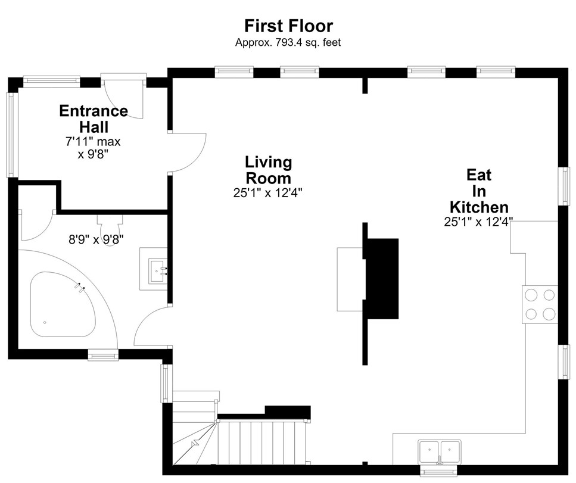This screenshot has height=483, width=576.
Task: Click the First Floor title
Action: coord(289,26)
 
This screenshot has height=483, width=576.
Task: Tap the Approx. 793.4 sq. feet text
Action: coord(288,43)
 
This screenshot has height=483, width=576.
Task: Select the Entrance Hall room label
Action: coord(94,119)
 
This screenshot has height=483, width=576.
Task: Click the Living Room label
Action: coord(268,170)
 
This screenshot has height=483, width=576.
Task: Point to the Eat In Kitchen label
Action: coord(479,191)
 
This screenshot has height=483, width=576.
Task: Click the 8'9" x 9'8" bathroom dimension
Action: coord(96,239)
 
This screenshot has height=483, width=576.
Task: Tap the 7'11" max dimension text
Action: coord(93,141)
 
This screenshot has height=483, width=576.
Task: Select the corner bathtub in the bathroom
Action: coord(64,304)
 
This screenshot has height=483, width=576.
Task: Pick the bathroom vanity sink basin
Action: coord(158,271)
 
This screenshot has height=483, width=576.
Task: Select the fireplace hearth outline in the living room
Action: coord(351,279)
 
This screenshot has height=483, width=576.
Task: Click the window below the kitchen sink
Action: coord(438,471)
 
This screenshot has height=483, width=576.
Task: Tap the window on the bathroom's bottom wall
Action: coord(103,354)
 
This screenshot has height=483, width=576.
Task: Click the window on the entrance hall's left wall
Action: coord(12,135)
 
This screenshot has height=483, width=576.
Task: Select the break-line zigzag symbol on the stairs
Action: coord(195,443)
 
